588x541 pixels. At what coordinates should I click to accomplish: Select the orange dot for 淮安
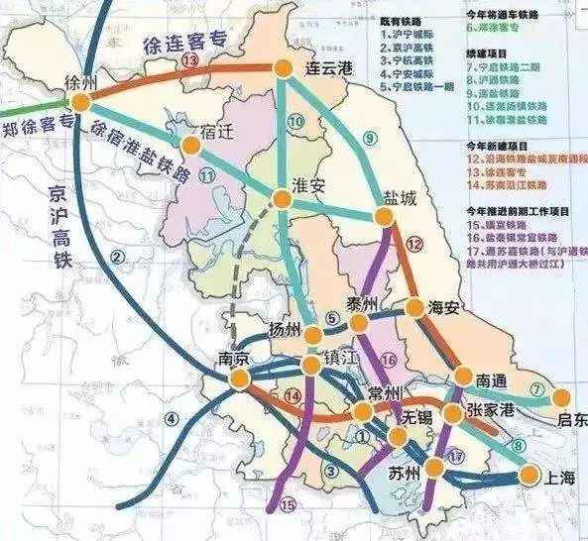tap(283, 199)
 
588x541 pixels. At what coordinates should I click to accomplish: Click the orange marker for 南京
tap(238, 380)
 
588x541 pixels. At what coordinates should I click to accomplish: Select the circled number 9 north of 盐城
tap(373, 138)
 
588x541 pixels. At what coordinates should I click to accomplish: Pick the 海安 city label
tap(442, 308)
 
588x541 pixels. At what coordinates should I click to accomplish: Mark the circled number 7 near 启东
tap(537, 387)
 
